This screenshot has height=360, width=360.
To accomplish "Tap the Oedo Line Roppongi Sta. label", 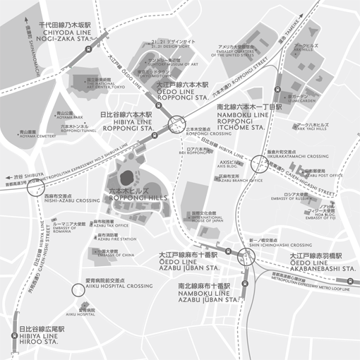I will pos(181,92).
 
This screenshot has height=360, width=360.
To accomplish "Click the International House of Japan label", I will pos(202,217).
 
